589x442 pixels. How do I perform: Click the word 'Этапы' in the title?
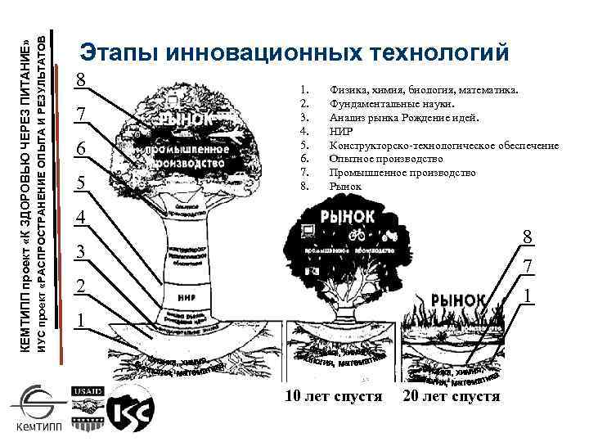(x=117, y=52)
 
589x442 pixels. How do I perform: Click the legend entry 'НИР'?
(x=341, y=131)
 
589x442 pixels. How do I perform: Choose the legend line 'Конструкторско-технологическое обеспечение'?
(x=444, y=145)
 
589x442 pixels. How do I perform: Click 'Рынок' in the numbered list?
(x=344, y=187)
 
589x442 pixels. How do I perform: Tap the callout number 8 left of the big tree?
(x=80, y=81)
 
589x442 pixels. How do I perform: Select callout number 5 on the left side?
(x=80, y=184)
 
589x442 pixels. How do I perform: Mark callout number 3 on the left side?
(x=80, y=253)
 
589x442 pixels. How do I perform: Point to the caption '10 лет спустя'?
(x=333, y=397)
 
